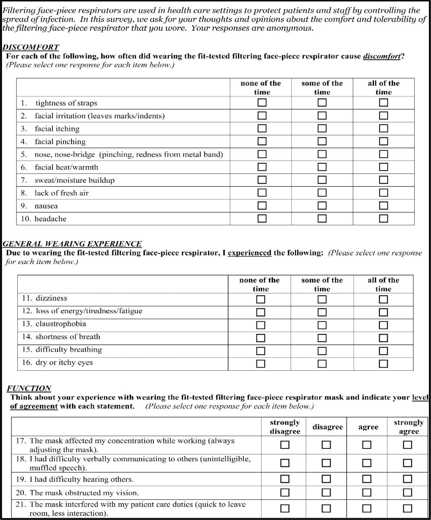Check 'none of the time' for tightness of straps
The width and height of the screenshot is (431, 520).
pyautogui.click(x=262, y=102)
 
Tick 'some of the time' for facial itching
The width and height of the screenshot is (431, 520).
pyautogui.click(x=322, y=128)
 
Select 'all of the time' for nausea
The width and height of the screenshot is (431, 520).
pyautogui.click(x=383, y=206)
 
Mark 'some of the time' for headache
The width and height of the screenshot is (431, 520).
pyautogui.click(x=322, y=218)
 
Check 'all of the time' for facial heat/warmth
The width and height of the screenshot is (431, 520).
pyautogui.click(x=383, y=167)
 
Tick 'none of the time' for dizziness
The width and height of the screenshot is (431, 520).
pyautogui.click(x=261, y=299)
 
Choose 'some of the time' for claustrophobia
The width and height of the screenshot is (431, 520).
pyautogui.click(x=322, y=325)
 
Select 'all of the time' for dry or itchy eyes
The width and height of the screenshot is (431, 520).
pyautogui.click(x=383, y=364)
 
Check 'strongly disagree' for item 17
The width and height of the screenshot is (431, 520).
pyautogui.click(x=285, y=445)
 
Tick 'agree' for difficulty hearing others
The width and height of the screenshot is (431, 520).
pyautogui.click(x=367, y=479)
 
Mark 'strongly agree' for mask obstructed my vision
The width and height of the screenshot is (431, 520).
pyautogui.click(x=407, y=493)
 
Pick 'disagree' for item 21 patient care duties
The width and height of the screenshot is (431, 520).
pyautogui.click(x=326, y=508)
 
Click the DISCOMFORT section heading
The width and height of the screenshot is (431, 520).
pyautogui.click(x=31, y=47)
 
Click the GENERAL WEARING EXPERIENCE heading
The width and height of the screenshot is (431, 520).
pyautogui.click(x=72, y=244)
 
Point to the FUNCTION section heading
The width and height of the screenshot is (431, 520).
pyautogui.click(x=29, y=388)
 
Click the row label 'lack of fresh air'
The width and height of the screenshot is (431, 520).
pyautogui.click(x=62, y=193)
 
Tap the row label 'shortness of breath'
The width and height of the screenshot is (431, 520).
pyautogui.click(x=68, y=337)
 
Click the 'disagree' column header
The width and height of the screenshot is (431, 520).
pyautogui.click(x=328, y=427)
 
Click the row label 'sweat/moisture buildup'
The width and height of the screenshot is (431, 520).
pyautogui.click(x=74, y=180)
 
